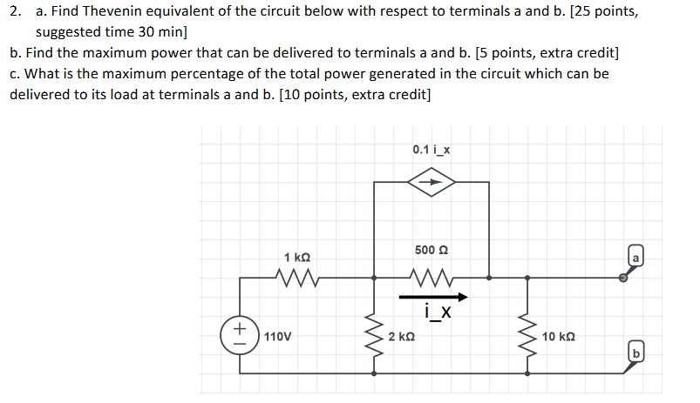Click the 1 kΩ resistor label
coord(296,259)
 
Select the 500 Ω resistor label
coord(431,250)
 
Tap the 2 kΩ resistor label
coord(402,336)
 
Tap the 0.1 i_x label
coord(432,150)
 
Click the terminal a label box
coord(636,258)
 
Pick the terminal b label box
coord(637,353)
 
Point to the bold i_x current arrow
coord(431,296)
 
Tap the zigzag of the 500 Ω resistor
coord(431,279)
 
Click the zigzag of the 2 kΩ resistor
coord(376,335)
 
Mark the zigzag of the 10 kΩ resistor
coord(527,335)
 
